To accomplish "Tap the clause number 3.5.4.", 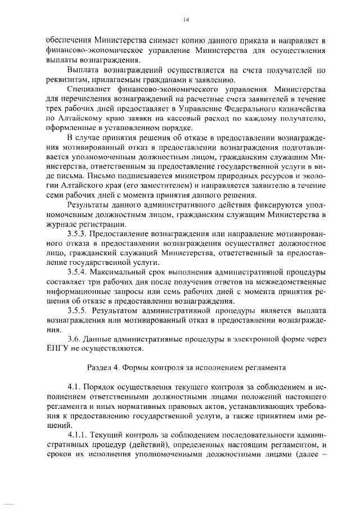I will coord(77,272).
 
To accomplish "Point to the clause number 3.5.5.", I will coord(77,310).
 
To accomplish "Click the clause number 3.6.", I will coord(73,340).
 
